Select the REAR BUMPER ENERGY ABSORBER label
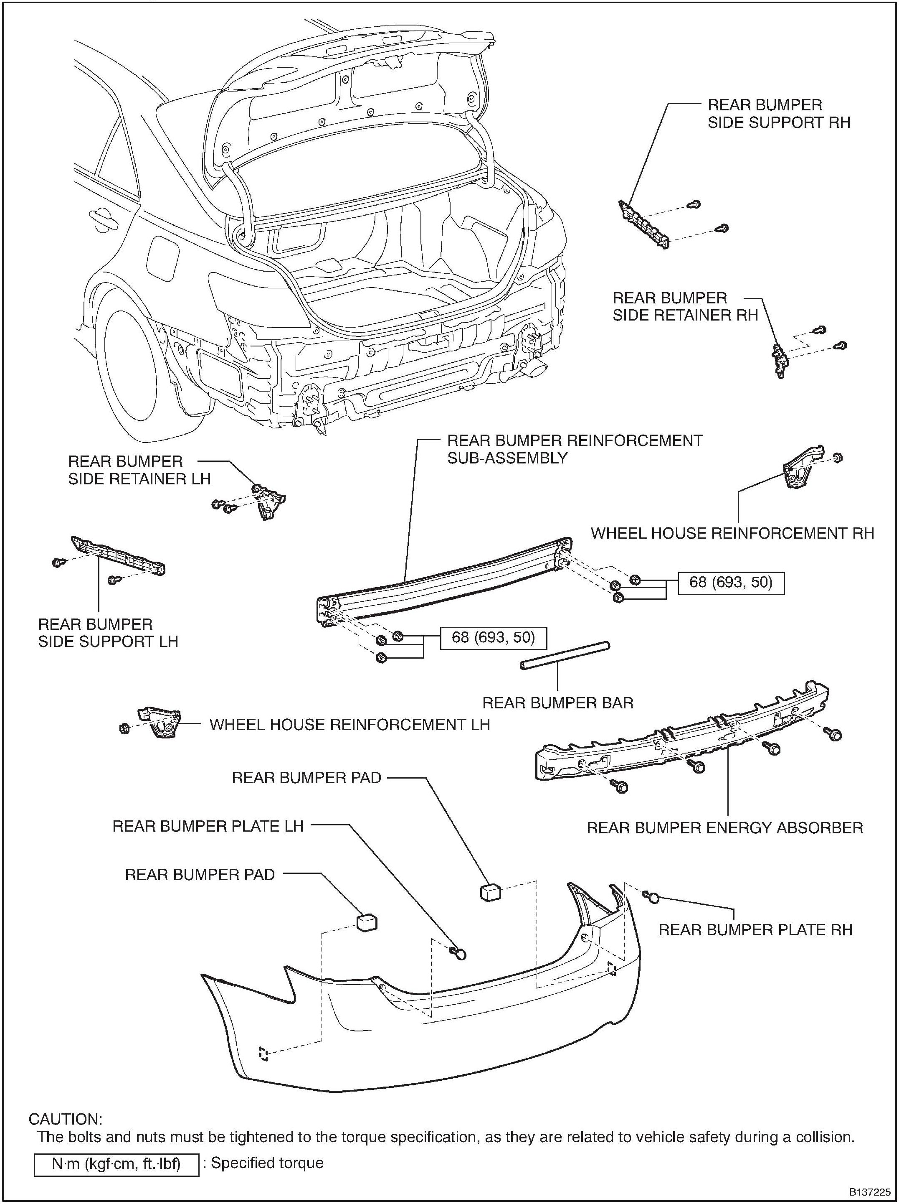pos(724,828)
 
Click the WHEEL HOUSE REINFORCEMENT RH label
pos(732,533)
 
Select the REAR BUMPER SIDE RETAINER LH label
pos(139,470)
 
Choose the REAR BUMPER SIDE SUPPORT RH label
pos(778,113)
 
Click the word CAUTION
pos(65,1119)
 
